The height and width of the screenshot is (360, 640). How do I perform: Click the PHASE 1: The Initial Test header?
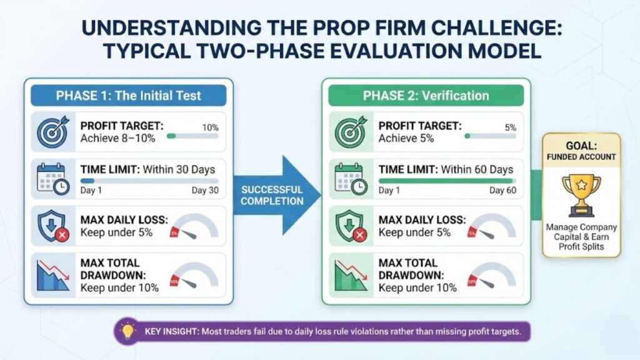129,96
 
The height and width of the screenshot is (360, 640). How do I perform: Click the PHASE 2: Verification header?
426,96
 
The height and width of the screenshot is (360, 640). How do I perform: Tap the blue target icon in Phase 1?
51,130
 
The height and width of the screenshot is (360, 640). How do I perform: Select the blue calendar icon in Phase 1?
51,179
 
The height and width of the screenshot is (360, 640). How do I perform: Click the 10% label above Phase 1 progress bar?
210,127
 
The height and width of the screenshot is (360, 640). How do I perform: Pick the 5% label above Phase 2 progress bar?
510,127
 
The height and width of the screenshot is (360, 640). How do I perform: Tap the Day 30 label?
205,191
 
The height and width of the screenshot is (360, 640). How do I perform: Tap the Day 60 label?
502,191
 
